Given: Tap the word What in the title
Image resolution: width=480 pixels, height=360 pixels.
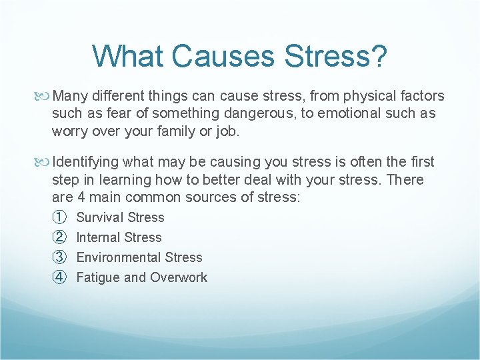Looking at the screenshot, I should coord(129,56).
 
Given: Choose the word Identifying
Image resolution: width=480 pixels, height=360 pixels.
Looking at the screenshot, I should coord(86,162).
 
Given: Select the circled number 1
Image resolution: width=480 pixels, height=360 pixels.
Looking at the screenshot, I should coord(59,217).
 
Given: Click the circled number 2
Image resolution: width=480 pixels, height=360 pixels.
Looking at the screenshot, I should coord(59,237).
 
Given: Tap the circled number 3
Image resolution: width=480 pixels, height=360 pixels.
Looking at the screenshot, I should coord(59,257).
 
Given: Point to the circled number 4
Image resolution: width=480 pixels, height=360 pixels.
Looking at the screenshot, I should coord(59,277).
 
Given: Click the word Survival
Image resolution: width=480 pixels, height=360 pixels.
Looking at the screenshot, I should coord(100,217).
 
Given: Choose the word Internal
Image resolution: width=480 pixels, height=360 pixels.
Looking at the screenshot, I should coord(99,237).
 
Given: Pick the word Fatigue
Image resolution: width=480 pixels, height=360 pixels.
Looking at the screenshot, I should coord(97,278).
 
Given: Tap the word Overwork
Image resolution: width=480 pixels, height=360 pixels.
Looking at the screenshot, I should coord(178,277).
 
